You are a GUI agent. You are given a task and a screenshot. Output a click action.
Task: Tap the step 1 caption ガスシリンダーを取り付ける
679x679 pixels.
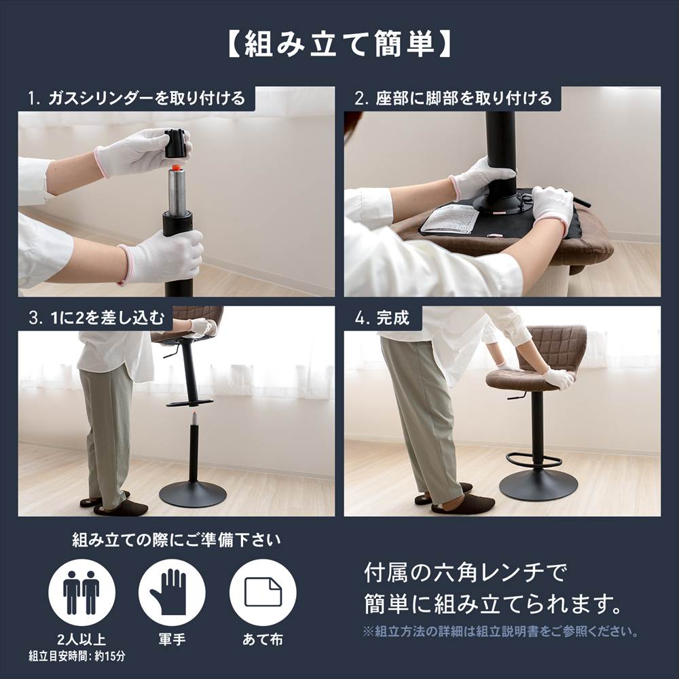point(136,98)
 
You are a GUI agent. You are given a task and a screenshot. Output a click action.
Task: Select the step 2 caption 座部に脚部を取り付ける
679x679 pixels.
point(454,98)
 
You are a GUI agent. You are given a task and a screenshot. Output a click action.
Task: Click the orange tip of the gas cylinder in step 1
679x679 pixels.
point(177,166)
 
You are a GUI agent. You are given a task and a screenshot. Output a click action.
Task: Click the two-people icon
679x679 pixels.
point(81,592)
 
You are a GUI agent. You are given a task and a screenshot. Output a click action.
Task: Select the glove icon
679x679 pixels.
point(172,592)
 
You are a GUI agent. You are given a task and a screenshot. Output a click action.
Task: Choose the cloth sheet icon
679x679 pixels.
point(262,592)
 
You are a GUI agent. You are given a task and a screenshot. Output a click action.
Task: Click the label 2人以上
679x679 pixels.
point(81,639)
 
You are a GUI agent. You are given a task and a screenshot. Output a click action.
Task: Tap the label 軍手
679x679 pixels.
point(172,639)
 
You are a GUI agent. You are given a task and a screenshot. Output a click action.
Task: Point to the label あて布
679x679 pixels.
point(262,639)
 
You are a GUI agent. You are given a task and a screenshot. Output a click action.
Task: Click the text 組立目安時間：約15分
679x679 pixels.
point(77,657)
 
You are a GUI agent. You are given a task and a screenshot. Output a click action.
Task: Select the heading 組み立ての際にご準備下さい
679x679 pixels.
point(177,540)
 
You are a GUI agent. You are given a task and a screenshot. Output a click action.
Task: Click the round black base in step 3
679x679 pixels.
point(192,493)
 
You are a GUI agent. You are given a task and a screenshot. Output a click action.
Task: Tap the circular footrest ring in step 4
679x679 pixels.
point(534,461)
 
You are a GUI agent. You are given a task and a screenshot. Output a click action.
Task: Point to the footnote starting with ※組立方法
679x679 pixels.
point(500,631)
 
